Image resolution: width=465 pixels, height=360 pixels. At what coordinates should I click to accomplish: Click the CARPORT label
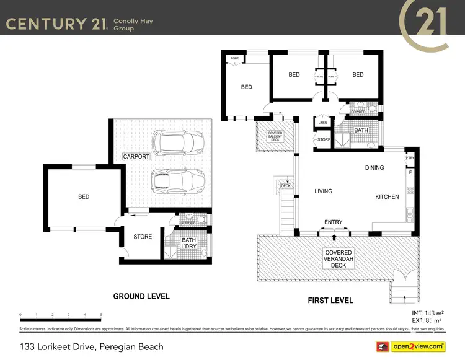136,157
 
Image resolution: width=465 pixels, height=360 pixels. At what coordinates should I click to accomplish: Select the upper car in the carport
176,143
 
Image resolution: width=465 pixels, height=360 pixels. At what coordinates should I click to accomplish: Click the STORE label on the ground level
143,237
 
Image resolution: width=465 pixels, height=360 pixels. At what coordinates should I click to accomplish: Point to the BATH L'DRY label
188,244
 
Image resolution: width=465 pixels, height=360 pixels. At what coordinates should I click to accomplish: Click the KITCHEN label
387,196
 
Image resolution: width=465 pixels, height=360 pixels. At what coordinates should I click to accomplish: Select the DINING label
374,168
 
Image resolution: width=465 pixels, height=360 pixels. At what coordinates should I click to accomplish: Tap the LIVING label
323,191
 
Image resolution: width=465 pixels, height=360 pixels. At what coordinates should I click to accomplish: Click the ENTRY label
333,221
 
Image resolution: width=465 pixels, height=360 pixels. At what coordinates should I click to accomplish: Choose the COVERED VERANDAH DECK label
339,259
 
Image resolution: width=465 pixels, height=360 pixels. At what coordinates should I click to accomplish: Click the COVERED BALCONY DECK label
275,136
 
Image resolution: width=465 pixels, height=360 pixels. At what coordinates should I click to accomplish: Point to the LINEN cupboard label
322,123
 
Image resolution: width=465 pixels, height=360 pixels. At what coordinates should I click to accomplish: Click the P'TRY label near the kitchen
409,159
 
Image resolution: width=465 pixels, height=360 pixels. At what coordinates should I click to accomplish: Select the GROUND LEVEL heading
141,297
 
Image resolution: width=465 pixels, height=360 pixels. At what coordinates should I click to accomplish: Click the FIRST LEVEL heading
330,301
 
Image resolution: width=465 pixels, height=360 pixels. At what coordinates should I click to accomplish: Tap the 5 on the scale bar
101,315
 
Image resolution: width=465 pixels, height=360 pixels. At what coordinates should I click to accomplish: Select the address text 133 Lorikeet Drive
91,346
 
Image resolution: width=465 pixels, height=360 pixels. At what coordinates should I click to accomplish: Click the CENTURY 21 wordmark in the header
55,24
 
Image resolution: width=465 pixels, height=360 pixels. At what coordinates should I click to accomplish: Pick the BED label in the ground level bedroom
84,196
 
